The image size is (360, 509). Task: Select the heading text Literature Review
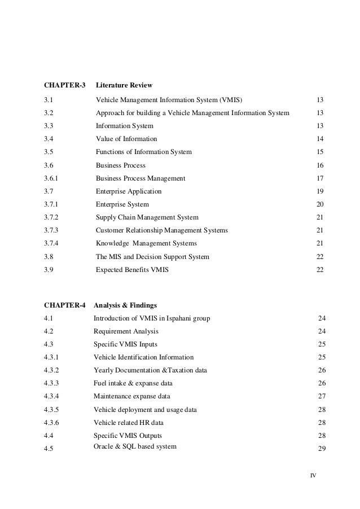click(124, 86)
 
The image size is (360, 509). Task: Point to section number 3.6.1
click(52, 178)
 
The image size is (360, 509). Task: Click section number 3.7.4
click(52, 243)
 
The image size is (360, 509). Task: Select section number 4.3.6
click(52, 422)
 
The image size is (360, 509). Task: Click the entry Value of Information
click(126, 139)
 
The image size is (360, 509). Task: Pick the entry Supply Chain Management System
click(147, 217)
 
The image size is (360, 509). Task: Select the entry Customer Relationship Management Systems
click(162, 230)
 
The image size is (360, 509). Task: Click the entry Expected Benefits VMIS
click(132, 270)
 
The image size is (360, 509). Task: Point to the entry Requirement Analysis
click(126, 331)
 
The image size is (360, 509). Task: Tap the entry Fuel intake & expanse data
click(131, 383)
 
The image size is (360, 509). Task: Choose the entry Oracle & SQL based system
click(135, 446)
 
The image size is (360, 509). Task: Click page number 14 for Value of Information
click(320, 139)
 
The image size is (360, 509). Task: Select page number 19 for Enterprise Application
click(320, 191)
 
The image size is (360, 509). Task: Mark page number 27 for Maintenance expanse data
click(322, 396)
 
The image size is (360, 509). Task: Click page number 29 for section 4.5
click(322, 448)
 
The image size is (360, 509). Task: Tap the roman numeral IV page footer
click(313, 475)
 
